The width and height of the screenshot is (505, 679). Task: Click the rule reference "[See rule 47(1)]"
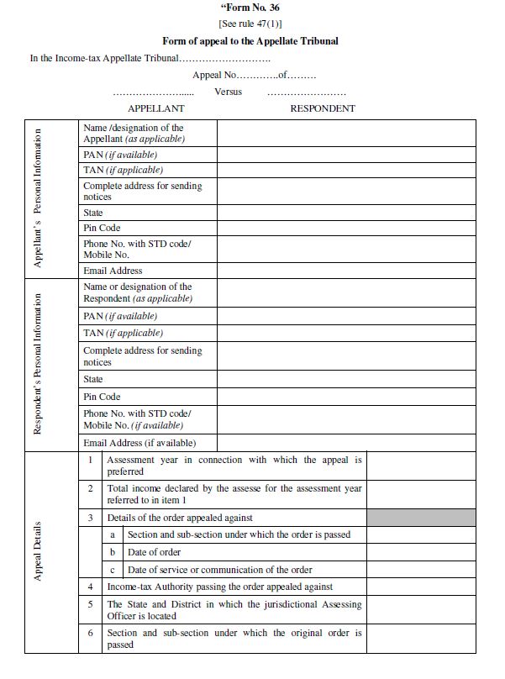pyautogui.click(x=250, y=24)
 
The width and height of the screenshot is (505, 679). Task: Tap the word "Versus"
pyautogui.click(x=228, y=92)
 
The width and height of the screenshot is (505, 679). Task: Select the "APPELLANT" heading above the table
pyautogui.click(x=155, y=108)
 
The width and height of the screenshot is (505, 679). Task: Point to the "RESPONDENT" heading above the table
pyautogui.click(x=323, y=108)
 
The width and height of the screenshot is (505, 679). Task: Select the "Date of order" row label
pyautogui.click(x=154, y=552)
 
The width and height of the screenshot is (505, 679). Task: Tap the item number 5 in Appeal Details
pyautogui.click(x=90, y=604)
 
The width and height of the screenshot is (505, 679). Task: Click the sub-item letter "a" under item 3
pyautogui.click(x=112, y=534)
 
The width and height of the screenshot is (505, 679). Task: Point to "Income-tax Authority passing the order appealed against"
pyautogui.click(x=220, y=587)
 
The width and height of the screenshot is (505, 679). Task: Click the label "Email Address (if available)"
pyautogui.click(x=139, y=443)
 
